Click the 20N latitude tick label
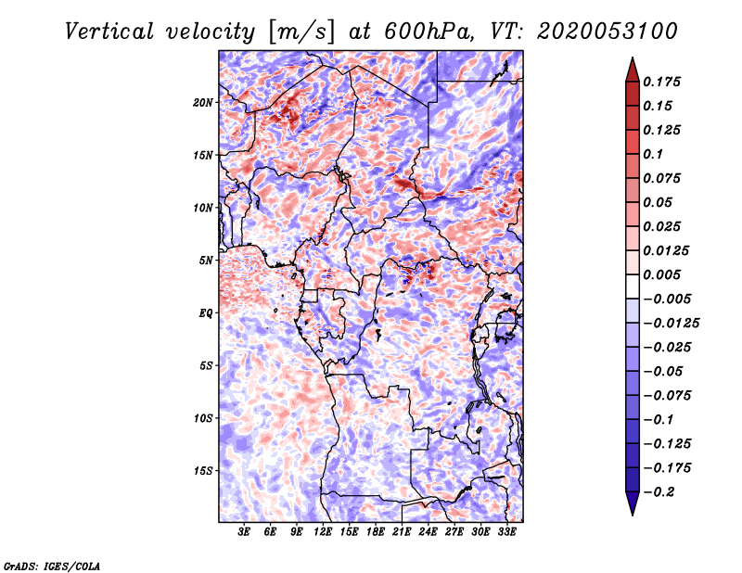click(203, 102)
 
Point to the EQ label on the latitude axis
click(205, 313)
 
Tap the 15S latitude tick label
click(203, 471)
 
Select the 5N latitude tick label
click(206, 261)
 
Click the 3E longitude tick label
click(245, 532)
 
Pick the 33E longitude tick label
click(506, 532)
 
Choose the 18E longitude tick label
click(376, 532)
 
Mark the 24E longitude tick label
click(428, 532)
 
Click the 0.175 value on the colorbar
click(663, 82)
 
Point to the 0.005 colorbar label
click(663, 274)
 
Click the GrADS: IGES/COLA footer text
click(51, 565)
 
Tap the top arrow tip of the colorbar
click(632, 60)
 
